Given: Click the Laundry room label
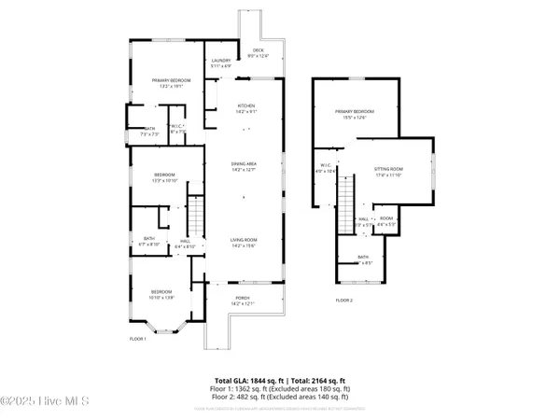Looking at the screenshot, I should pyautogui.click(x=221, y=63).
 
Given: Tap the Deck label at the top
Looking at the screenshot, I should pyautogui.click(x=258, y=53).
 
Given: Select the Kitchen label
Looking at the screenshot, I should pyautogui.click(x=246, y=107).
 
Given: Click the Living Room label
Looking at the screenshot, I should pyautogui.click(x=245, y=243).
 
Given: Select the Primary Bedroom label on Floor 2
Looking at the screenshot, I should pyautogui.click(x=358, y=114).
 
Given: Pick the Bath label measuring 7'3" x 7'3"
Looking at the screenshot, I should pyautogui.click(x=150, y=132).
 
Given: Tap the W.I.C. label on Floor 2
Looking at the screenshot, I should pyautogui.click(x=321, y=171).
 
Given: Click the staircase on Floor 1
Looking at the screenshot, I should pyautogui.click(x=196, y=217).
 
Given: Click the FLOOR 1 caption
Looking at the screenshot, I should pyautogui.click(x=138, y=339).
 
